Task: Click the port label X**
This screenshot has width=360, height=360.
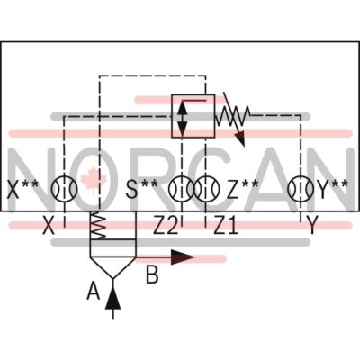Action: [22, 189]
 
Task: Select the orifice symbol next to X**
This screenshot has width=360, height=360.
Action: [64, 189]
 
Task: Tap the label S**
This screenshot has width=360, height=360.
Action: [141, 189]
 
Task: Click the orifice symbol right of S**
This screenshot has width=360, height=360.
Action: [181, 189]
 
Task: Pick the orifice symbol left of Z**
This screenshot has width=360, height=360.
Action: [206, 189]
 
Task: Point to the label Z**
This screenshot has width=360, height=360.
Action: [242, 189]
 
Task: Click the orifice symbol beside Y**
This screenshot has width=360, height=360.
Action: [301, 189]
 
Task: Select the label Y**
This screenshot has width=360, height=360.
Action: [333, 189]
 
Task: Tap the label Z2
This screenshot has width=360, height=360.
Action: [166, 226]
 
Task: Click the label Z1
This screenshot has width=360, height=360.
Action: [226, 226]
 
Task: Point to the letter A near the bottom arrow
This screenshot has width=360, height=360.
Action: [94, 291]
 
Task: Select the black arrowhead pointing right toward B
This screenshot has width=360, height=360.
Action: [183, 257]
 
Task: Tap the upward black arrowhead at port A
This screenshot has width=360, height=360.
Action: [113, 298]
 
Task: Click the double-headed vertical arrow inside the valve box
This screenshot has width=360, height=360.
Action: [182, 116]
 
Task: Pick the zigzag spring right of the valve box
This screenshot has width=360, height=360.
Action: [233, 116]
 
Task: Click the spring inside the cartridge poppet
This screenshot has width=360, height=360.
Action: [98, 226]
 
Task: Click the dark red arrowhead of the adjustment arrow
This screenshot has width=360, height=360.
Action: [240, 139]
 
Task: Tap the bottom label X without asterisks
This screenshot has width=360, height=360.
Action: [49, 226]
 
